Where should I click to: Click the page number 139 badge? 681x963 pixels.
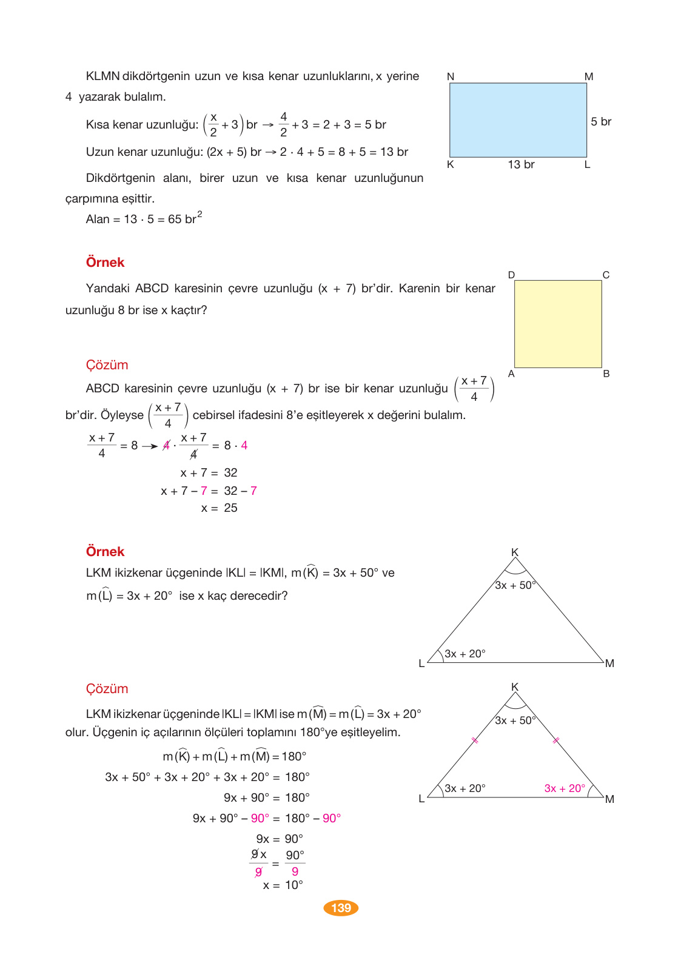(x=341, y=908)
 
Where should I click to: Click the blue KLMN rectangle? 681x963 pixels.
(x=518, y=120)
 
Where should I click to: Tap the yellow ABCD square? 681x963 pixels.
(x=558, y=324)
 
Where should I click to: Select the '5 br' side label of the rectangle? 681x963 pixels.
(x=601, y=122)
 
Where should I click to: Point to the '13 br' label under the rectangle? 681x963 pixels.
(x=521, y=165)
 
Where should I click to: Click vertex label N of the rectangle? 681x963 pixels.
(x=451, y=77)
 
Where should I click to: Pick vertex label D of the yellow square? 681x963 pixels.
(x=511, y=275)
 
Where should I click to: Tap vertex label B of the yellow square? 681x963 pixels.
(x=606, y=374)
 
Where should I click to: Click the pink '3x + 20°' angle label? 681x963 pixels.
(x=565, y=788)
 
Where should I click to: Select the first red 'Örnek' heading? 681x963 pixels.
(x=105, y=263)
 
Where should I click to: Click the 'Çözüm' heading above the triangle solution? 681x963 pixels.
(x=107, y=689)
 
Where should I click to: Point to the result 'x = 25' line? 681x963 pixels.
(x=219, y=508)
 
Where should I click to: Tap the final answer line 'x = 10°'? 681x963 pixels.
(x=283, y=885)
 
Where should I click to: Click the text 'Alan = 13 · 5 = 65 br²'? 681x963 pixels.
(x=144, y=219)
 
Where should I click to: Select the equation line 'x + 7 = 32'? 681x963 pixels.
(x=209, y=473)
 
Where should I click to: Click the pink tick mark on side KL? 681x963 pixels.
(x=475, y=740)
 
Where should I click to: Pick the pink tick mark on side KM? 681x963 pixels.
(x=555, y=740)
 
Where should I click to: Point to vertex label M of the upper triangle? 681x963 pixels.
(x=609, y=663)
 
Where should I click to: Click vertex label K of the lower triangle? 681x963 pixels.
(x=515, y=687)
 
